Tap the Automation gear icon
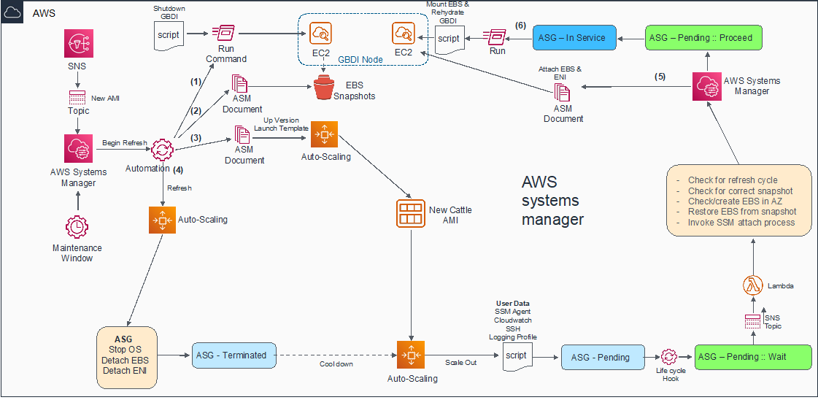pyautogui.click(x=162, y=150)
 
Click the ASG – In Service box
pyautogui.click(x=575, y=38)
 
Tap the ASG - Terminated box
pyautogui.click(x=235, y=355)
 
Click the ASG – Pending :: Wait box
pyautogui.click(x=752, y=356)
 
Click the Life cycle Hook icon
pyautogui.click(x=669, y=357)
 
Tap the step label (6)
pyautogui.click(x=520, y=25)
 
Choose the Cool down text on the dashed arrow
pyautogui.click(x=335, y=364)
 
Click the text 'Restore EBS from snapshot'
pyautogui.click(x=741, y=212)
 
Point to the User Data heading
pyautogui.click(x=513, y=303)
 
